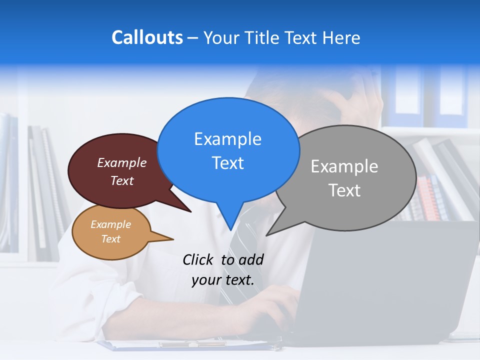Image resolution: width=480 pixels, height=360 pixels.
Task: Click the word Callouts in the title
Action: pyautogui.click(x=147, y=37)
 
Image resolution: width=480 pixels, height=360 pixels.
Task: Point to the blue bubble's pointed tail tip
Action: pyautogui.click(x=230, y=230)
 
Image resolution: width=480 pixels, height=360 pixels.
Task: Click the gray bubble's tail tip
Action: pyautogui.click(x=267, y=235)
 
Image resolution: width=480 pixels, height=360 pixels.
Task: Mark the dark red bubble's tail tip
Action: pyautogui.click(x=190, y=211)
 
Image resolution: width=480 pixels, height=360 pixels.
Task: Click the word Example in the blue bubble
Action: pyautogui.click(x=227, y=139)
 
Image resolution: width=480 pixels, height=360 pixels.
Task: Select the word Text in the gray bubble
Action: pyautogui.click(x=344, y=190)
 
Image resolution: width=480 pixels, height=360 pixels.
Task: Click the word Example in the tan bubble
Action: pyautogui.click(x=110, y=224)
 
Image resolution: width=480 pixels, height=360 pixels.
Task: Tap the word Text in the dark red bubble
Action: pyautogui.click(x=121, y=180)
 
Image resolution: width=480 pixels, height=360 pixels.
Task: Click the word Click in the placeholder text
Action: pyautogui.click(x=198, y=259)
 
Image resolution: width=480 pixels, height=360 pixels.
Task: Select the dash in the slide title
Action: pyautogui.click(x=193, y=37)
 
